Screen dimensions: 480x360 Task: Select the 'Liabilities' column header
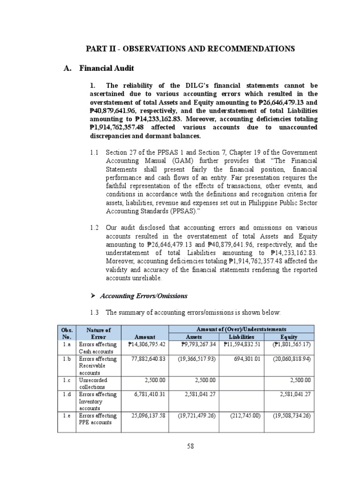pos(241,337)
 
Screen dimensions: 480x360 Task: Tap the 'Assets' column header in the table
pos(194,337)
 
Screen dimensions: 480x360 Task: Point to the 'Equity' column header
pos(289,337)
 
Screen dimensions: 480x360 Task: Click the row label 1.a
pos(67,345)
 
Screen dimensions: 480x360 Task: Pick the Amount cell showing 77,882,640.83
pos(146,359)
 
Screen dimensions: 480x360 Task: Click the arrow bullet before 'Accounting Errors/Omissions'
pos(92,296)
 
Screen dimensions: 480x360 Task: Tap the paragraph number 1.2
pos(94,227)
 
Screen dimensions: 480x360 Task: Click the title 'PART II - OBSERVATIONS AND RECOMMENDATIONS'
pos(190,49)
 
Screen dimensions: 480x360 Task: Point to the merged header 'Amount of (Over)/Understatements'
pos(241,330)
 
